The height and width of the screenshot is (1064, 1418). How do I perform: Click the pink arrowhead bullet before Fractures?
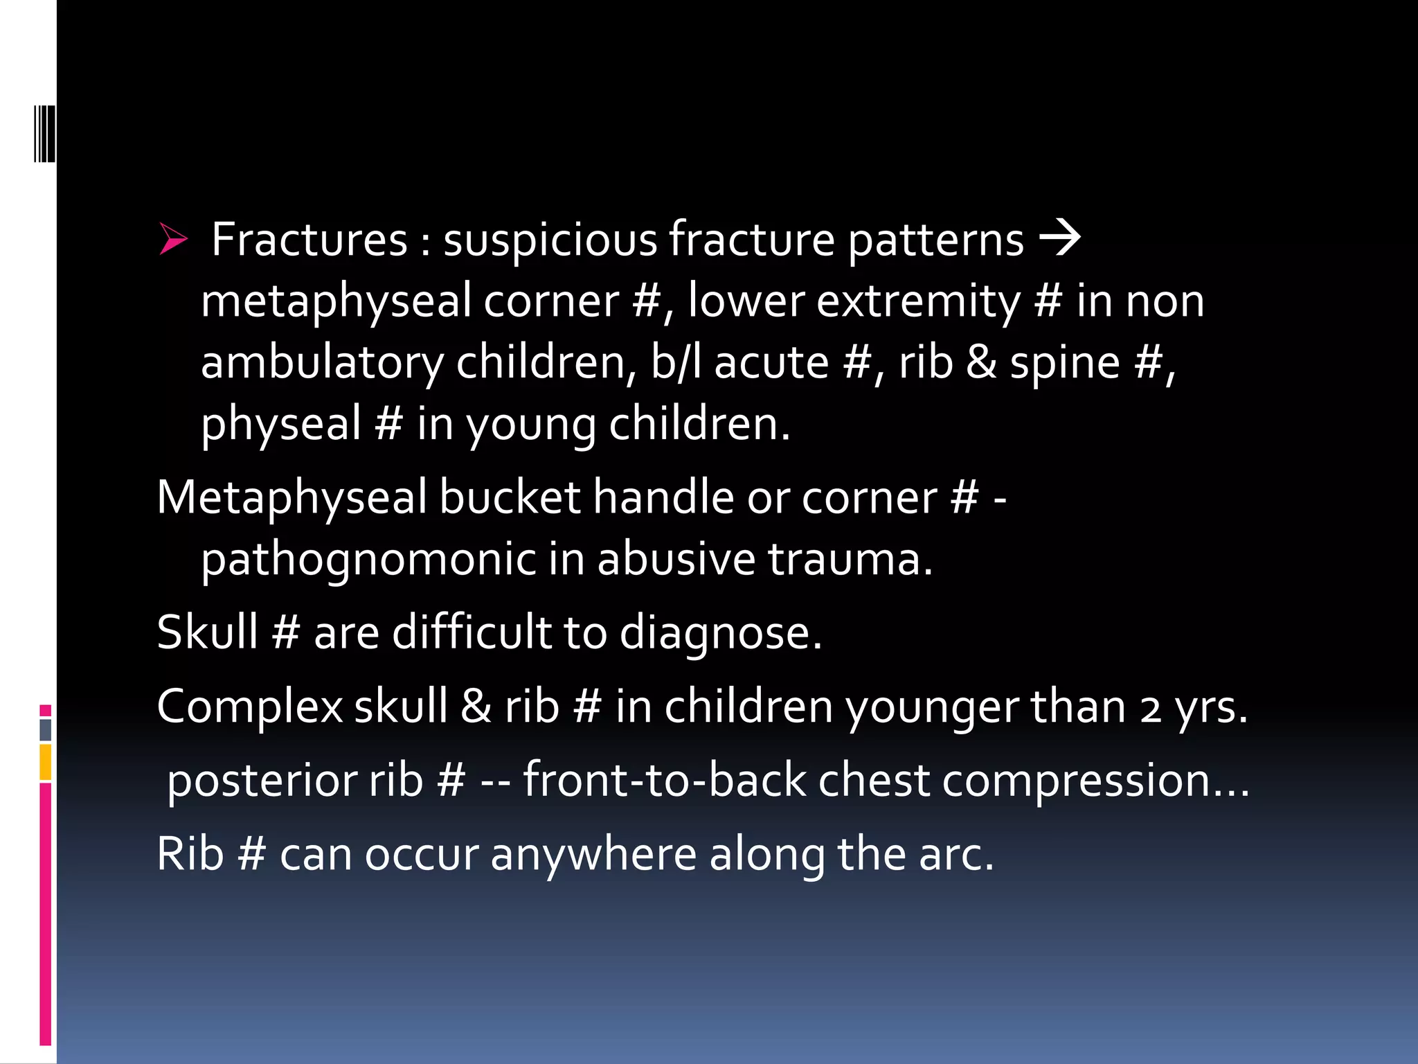pos(172,239)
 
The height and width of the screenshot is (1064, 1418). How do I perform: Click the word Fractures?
pos(309,240)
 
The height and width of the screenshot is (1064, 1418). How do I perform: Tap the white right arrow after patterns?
pos(1059,238)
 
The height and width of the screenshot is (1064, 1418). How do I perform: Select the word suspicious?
pos(550,240)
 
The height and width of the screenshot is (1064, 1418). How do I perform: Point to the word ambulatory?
pos(322,364)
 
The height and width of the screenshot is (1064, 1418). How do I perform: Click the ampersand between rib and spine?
pos(981,362)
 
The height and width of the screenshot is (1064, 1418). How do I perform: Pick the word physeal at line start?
pos(281,424)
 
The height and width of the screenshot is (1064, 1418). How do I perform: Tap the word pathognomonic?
pos(368,559)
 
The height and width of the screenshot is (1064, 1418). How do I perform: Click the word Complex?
pos(250,707)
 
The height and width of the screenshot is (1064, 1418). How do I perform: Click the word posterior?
pos(260,781)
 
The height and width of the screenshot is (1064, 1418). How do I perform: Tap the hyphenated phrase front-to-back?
pos(664,780)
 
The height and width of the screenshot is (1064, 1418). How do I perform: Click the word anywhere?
pos(593,855)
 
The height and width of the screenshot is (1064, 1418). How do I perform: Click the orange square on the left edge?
pos(46,762)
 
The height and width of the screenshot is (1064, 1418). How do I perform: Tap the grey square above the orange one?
pos(46,729)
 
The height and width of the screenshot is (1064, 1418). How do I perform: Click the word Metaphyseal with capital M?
pos(291,497)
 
